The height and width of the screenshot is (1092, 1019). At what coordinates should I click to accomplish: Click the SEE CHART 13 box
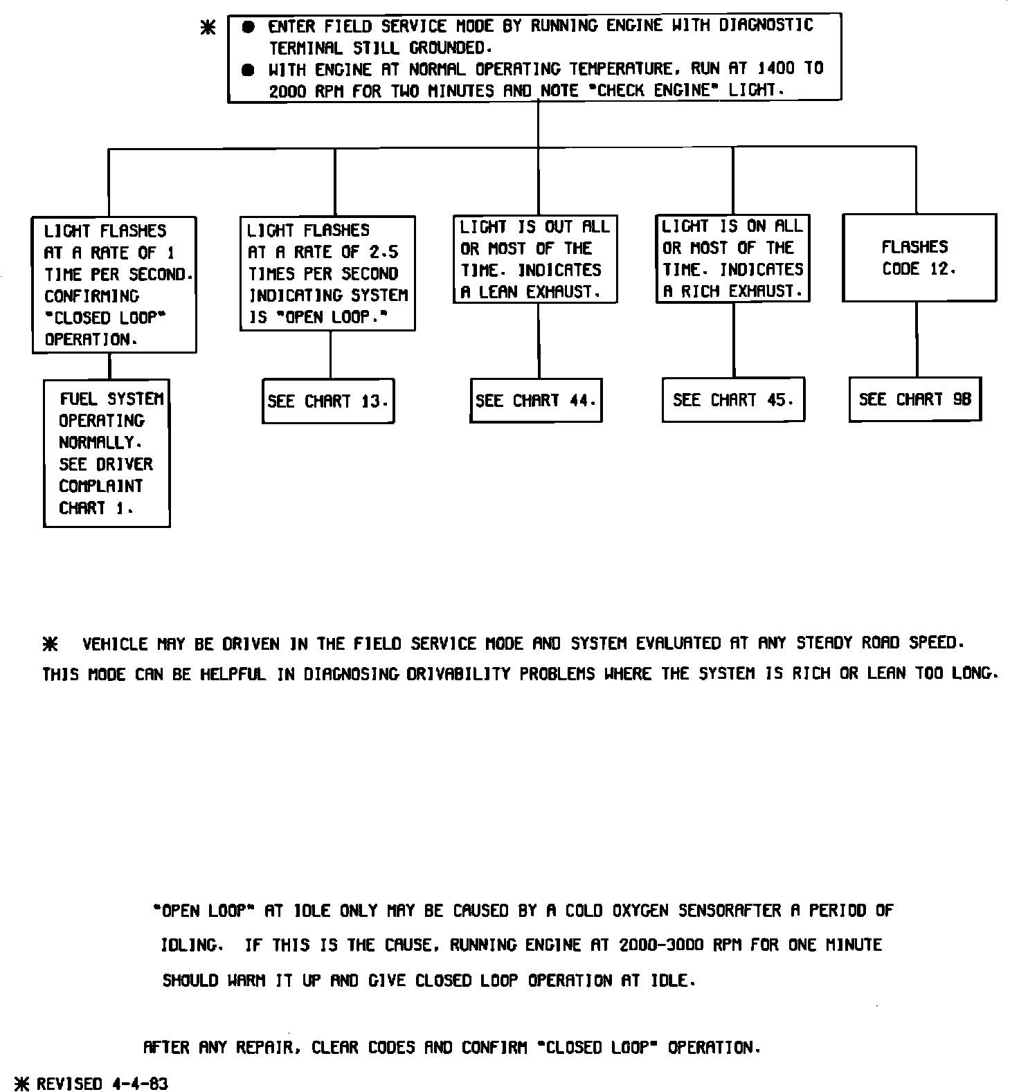328,401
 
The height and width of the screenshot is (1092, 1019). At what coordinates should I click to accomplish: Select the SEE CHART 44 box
536,400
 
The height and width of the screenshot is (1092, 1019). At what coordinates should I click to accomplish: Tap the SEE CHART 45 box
733,399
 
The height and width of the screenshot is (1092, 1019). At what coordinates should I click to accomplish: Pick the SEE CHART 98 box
915,399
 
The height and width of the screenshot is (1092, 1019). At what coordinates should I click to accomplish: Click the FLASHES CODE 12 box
919,257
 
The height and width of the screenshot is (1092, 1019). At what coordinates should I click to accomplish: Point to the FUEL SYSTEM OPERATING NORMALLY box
107,453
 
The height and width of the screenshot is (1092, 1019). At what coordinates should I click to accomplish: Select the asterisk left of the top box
208,28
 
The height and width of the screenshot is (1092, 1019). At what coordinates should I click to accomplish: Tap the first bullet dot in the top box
249,28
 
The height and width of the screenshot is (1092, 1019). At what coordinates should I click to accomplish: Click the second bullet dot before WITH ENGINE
249,70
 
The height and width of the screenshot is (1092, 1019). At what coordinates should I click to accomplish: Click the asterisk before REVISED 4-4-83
23,1084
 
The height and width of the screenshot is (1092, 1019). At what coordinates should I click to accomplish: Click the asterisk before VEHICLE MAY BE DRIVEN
50,645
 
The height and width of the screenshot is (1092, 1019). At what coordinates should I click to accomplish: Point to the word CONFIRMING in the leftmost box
91,296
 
